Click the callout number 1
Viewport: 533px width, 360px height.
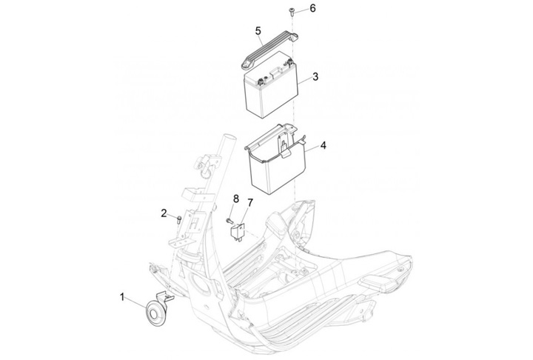point(122,297)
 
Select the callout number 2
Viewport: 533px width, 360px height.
point(164,213)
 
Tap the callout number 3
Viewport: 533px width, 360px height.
point(315,76)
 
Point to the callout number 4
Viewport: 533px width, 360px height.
point(324,146)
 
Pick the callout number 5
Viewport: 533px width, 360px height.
point(258,31)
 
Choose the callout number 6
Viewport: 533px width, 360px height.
point(312,8)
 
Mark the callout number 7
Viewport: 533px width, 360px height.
point(250,203)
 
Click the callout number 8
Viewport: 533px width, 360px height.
point(236,199)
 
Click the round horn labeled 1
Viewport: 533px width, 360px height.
point(155,314)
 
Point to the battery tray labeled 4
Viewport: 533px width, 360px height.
point(277,160)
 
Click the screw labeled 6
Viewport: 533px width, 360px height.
point(292,12)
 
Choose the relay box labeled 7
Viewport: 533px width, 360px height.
point(238,232)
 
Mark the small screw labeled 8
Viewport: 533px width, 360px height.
point(229,221)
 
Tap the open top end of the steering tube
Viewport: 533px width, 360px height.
point(227,139)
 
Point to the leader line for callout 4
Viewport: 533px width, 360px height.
point(312,147)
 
